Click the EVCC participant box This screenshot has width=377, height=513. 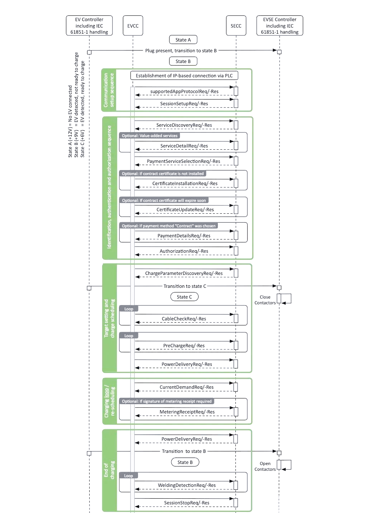click(x=133, y=26)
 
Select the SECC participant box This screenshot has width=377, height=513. click(x=236, y=26)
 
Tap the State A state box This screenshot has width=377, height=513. click(x=183, y=40)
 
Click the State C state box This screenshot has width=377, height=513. click(x=184, y=297)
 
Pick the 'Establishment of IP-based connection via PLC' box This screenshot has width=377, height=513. click(x=184, y=76)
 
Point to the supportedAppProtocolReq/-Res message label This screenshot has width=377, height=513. click(x=184, y=91)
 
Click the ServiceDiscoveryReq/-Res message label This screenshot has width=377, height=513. click(x=184, y=125)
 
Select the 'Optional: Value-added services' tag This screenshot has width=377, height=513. click(x=149, y=136)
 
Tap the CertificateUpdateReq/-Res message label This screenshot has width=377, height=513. click(x=185, y=209)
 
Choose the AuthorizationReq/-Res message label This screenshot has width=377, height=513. click(x=184, y=251)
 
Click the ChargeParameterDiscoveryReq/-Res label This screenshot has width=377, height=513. click(x=184, y=273)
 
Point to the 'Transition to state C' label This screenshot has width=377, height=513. click(x=185, y=286)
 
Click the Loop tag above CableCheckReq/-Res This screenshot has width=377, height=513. click(x=129, y=309)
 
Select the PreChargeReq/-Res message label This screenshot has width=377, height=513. click(x=184, y=345)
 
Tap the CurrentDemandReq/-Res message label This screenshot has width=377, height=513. click(x=186, y=387)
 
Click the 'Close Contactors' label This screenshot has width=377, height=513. click(x=265, y=300)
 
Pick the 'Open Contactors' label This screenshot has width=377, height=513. click(x=265, y=466)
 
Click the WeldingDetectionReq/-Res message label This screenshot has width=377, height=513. click(x=187, y=485)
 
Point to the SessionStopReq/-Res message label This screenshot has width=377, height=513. click(x=187, y=503)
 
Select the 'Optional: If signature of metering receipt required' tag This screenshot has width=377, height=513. click(x=167, y=401)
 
